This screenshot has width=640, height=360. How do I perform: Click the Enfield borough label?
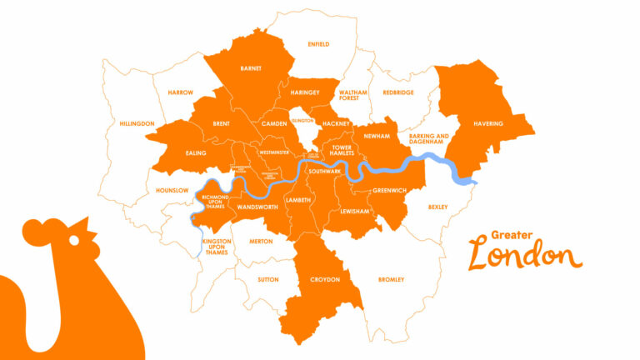click(318, 44)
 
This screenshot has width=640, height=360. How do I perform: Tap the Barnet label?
click(251, 68)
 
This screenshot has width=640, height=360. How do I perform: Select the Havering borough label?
click(487, 124)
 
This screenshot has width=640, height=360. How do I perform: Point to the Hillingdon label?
click(137, 123)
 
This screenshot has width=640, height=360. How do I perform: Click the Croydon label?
click(325, 279)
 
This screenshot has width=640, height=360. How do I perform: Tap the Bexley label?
click(437, 207)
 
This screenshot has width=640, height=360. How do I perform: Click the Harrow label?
click(180, 92)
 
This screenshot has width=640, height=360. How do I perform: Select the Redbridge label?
click(398, 92)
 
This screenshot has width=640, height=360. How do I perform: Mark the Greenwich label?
click(389, 191)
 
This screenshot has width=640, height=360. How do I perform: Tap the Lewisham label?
click(354, 212)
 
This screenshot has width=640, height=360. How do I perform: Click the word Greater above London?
click(511, 235)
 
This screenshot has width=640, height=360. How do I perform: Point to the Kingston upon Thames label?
click(216, 247)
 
